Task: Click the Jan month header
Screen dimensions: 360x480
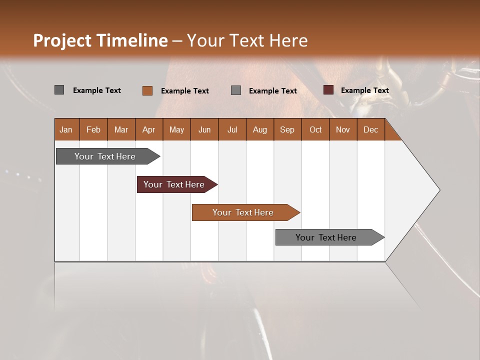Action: (x=66, y=129)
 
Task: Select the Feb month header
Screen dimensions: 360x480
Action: (x=93, y=129)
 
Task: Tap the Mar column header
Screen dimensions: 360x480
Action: (x=121, y=129)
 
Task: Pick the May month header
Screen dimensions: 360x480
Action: (x=176, y=129)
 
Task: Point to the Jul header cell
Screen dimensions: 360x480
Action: (x=232, y=129)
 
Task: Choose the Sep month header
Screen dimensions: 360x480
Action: (x=287, y=129)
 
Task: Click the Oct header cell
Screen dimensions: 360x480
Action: (x=315, y=129)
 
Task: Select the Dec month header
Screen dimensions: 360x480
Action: (x=370, y=129)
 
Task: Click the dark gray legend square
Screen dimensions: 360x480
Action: (x=59, y=90)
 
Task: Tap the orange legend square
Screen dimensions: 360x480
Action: (x=147, y=90)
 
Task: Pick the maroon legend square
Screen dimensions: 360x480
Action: (x=328, y=90)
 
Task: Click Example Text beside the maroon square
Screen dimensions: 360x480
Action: (x=364, y=90)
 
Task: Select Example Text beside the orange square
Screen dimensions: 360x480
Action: (x=184, y=90)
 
